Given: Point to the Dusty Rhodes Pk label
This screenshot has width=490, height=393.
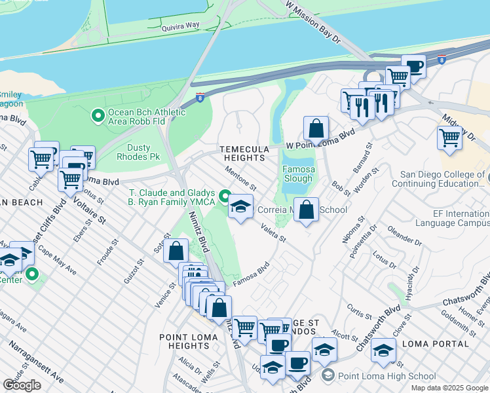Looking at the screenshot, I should (x=138, y=152).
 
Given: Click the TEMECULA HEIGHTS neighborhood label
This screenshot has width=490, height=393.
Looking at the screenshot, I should (x=243, y=153).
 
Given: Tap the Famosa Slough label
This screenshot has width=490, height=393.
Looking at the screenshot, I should (x=297, y=174).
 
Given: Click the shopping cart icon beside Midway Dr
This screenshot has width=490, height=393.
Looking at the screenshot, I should (x=449, y=138).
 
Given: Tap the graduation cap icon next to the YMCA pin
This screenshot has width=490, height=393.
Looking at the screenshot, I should (x=240, y=208).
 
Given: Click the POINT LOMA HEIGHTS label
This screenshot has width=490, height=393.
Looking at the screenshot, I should (x=184, y=341).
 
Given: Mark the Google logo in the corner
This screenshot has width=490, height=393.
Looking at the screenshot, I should (x=22, y=385).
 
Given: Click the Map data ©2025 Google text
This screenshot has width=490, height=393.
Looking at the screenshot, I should (x=449, y=388).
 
